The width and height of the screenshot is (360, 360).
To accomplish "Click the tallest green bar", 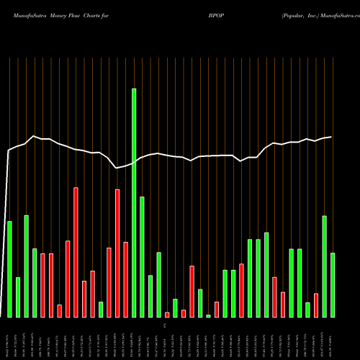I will [x=134, y=202].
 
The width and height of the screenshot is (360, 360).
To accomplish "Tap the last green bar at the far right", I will [x=333, y=284].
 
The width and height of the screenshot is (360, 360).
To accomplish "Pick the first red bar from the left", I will [x=42, y=285].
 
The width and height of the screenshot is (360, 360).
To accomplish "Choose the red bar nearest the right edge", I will [x=316, y=305].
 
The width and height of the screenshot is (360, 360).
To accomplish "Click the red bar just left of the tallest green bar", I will [x=125, y=279].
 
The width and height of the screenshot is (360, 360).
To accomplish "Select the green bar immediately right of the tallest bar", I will [x=142, y=256].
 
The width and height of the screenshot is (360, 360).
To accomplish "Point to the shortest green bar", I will [x=208, y=315].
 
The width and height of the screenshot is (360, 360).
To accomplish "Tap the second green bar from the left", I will [x=18, y=297].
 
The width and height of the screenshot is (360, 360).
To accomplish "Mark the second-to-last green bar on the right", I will [x=325, y=266].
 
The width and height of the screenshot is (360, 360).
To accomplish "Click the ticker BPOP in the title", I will [x=208, y=14].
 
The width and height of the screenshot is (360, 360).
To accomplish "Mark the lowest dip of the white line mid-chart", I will [x=117, y=168].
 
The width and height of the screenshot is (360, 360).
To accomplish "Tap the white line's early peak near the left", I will [x=34, y=136].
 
